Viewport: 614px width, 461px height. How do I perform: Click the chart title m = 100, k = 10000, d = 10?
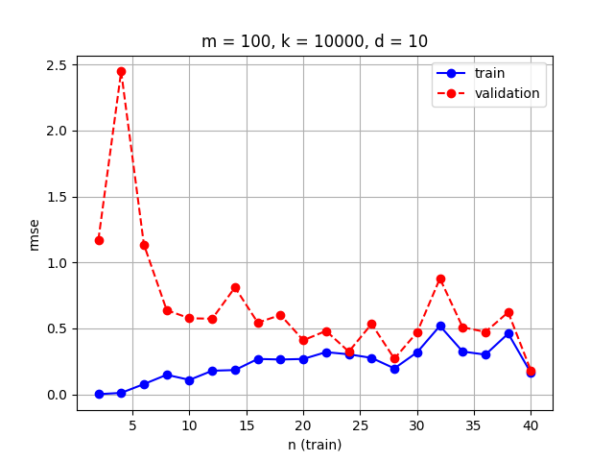tap(315, 41)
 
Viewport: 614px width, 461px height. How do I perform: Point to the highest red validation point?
tap(121, 71)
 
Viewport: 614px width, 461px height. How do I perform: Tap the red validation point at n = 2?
tap(99, 240)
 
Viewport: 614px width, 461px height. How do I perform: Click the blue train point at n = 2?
tap(99, 394)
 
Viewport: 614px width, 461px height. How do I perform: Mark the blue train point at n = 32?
tap(440, 326)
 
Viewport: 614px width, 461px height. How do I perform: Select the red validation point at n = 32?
tap(440, 279)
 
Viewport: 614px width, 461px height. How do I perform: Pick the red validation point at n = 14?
tap(235, 287)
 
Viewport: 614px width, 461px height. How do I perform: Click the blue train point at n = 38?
tap(508, 333)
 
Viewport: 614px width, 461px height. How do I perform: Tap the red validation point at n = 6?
tap(144, 245)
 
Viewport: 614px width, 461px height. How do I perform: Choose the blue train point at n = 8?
tap(167, 375)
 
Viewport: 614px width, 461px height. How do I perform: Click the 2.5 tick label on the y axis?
tap(56, 65)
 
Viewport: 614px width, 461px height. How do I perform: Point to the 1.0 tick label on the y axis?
tap(56, 263)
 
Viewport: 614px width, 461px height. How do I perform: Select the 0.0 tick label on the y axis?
tap(56, 395)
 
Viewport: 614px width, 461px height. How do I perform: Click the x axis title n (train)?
tap(315, 444)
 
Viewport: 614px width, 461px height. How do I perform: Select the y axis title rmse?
tap(35, 233)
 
